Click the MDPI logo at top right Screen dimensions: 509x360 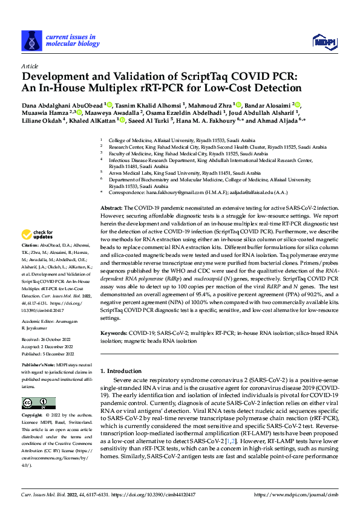click(x=322, y=41)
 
